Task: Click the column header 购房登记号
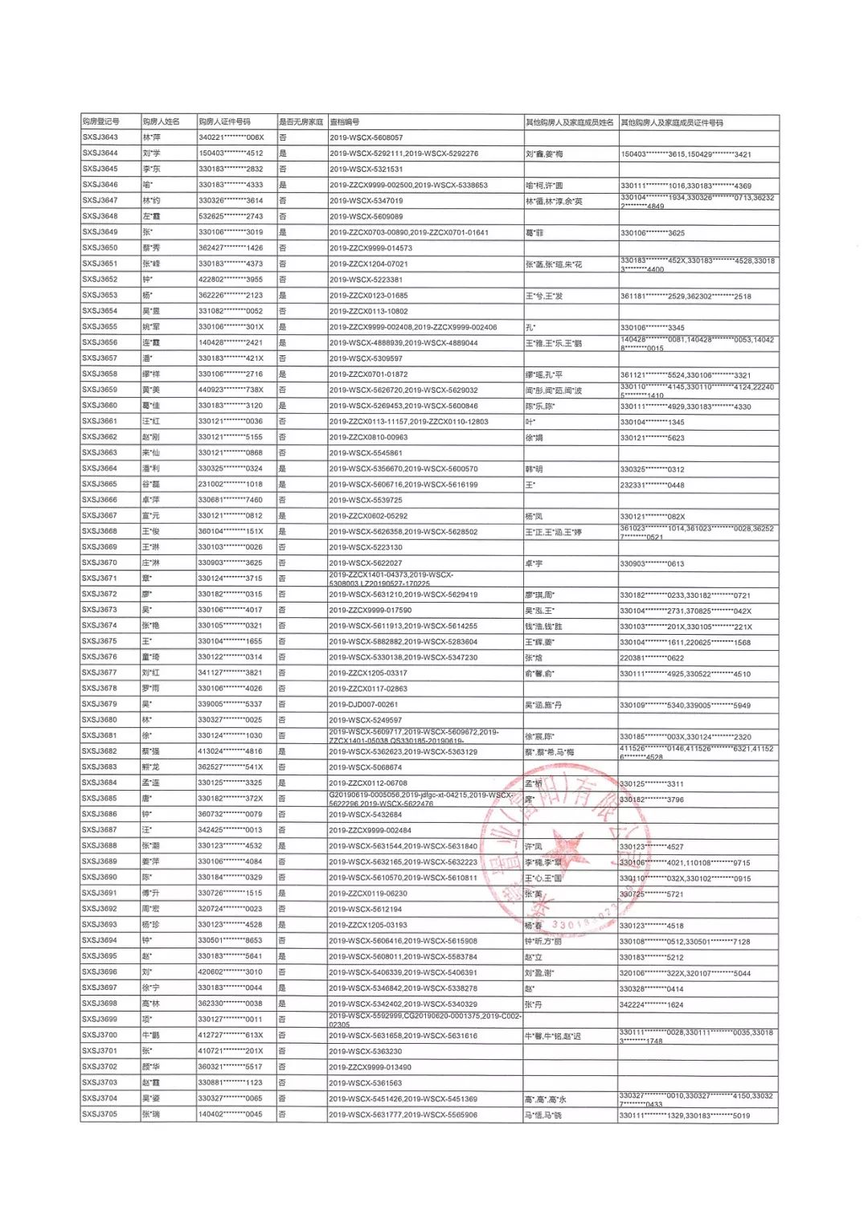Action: click(100, 122)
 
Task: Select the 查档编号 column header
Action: click(345, 122)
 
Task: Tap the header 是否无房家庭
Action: click(301, 122)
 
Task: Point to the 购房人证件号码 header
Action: click(224, 122)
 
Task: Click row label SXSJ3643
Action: click(100, 137)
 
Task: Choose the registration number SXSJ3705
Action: click(100, 1115)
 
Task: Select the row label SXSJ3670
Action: click(100, 563)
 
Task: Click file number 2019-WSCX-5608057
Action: click(366, 138)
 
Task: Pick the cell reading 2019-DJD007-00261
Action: click(363, 705)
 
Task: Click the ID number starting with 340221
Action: click(231, 137)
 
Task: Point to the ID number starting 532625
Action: click(231, 216)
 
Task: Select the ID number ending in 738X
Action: click(231, 390)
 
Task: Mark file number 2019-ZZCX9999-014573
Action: click(371, 248)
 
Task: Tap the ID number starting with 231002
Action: click(231, 485)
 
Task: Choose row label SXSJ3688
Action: click(100, 846)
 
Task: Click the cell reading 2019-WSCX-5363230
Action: click(366, 1051)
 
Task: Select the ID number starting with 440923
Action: click(231, 390)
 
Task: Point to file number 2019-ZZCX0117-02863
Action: click(368, 689)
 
